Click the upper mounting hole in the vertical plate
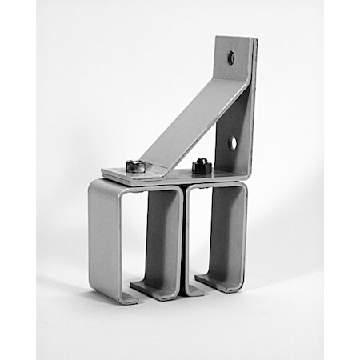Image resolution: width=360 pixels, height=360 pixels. coord(231,58)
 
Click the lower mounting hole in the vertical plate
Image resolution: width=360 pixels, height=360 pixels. coord(232,143)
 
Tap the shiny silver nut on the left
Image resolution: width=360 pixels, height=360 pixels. coord(137,166)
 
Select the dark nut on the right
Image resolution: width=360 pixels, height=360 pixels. coord(201,166)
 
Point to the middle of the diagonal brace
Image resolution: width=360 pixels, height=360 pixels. coord(192,120)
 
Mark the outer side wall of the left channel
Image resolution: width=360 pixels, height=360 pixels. coord(103,240)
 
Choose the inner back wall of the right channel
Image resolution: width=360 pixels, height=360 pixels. coord(228,232)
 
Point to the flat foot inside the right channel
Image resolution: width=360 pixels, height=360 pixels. coord(216,281)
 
